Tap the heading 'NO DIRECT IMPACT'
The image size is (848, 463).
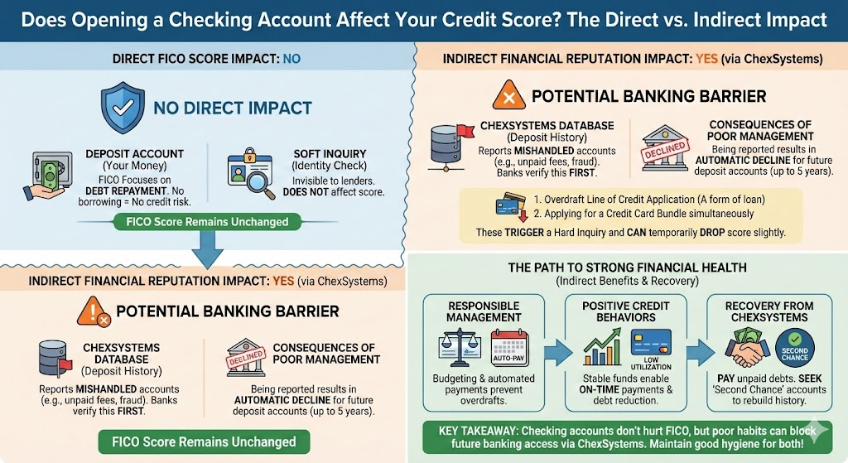click(x=233, y=108)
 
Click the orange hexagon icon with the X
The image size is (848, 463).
click(x=508, y=96)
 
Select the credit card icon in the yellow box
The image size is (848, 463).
click(x=506, y=205)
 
